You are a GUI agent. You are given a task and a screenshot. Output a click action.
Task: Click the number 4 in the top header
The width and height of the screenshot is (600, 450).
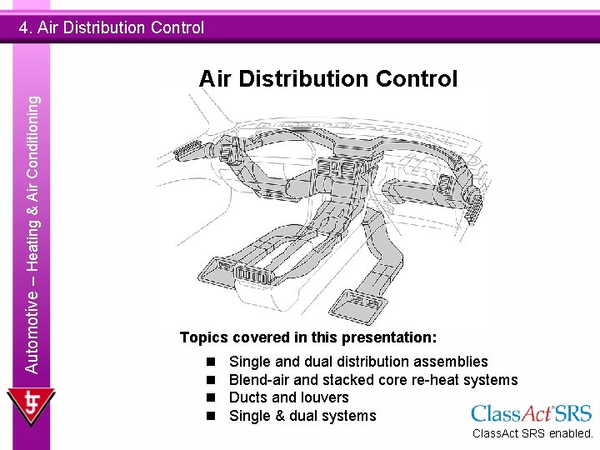coord(24,27)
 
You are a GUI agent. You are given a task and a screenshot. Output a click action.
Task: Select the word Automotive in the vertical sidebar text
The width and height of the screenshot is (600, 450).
coord(32,328)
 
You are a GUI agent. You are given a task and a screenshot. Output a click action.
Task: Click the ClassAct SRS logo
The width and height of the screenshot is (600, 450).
coord(531,413)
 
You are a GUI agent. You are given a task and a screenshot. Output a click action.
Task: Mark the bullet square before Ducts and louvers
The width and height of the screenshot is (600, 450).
coord(212,397)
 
